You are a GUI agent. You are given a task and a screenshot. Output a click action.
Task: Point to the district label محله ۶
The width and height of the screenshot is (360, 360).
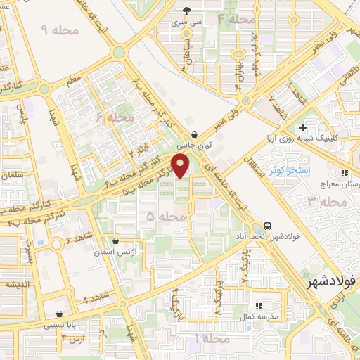115,118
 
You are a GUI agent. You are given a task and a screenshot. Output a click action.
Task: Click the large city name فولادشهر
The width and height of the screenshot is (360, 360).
331,281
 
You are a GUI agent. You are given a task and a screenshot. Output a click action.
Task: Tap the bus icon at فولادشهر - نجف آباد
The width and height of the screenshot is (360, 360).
267,226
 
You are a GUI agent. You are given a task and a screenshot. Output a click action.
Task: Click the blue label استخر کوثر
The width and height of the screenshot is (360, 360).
287,172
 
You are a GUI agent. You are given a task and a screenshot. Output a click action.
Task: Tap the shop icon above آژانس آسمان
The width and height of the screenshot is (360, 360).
115,240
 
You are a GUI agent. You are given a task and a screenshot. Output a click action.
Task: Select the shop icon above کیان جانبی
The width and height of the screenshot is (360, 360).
194,134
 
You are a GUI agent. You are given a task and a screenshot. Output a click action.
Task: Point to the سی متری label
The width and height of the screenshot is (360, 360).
186,22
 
